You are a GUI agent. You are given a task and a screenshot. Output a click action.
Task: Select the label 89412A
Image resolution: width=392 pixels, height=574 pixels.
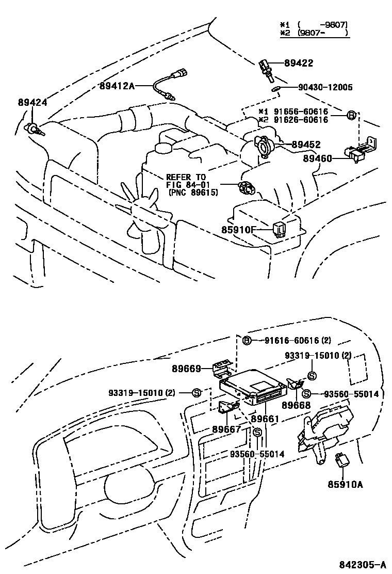tap(117, 86)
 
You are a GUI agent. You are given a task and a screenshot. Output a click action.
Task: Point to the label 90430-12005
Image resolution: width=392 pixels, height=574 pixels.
tap(325, 87)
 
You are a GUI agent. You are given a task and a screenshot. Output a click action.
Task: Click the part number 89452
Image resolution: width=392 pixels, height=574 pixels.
tap(306, 145)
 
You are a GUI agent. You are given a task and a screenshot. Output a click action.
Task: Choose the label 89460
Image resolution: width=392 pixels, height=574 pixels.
tap(318, 158)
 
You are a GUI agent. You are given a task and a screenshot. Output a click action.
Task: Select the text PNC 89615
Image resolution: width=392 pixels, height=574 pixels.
tap(193, 193)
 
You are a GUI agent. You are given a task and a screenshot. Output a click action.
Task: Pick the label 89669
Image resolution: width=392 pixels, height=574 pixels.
tap(187, 369)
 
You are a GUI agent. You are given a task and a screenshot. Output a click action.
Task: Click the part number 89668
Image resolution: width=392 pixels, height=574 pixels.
tap(297, 405)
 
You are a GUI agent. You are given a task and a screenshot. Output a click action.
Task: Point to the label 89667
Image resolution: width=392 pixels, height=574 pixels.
tap(225, 428)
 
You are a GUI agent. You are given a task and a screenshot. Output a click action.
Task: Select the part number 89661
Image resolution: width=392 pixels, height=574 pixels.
tap(265, 419)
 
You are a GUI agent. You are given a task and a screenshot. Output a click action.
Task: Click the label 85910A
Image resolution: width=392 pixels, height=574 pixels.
tap(345, 484)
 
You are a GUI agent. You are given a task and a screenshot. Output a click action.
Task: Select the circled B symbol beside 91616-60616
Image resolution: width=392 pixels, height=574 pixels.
tap(247, 340)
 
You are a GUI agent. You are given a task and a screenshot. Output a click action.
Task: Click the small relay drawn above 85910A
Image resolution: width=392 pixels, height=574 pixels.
tap(341, 459)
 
